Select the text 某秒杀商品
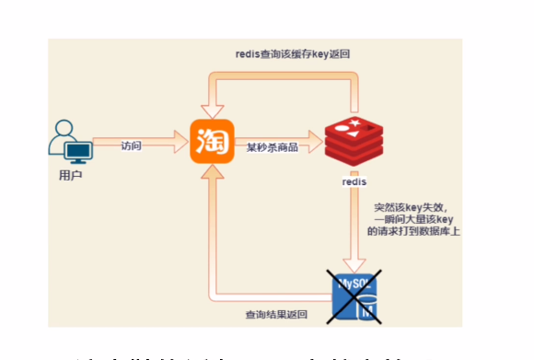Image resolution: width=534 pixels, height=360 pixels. tap(272, 146)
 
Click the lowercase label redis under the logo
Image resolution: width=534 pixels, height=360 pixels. tap(354, 182)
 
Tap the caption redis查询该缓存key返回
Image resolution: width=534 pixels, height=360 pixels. tap(292, 54)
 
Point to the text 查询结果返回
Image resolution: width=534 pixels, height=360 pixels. tap(276, 315)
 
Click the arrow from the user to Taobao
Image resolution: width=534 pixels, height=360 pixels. tap(147, 143)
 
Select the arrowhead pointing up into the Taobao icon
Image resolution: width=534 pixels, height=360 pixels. tap(210, 175)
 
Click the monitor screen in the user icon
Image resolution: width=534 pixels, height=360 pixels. tap(78, 149)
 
